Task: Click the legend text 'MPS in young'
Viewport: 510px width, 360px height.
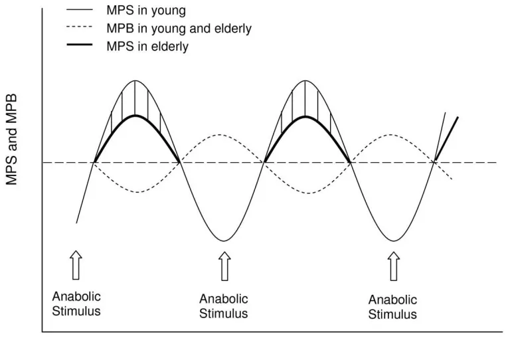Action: pos(146,11)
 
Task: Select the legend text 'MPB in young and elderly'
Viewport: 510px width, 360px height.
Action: pos(179,29)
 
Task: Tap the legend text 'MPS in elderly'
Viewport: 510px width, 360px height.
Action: pos(147,46)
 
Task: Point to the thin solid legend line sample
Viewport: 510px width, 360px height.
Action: pos(80,10)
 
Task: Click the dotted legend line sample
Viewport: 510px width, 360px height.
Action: pos(80,27)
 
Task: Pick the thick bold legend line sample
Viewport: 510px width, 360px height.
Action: pos(80,45)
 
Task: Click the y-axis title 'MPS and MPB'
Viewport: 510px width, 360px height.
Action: pos(12,140)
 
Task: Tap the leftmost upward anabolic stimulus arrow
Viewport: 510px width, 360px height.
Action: pos(76,265)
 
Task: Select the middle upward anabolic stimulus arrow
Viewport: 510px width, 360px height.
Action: pos(224,266)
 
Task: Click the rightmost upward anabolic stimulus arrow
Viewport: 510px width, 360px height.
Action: pos(394,266)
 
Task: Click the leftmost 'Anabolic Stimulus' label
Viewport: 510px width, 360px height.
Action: pos(76,304)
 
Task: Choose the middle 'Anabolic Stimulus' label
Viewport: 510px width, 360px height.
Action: pos(223,306)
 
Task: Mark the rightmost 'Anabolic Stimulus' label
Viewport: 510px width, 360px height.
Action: pos(392,307)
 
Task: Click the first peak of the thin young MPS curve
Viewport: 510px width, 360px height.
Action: pos(135,80)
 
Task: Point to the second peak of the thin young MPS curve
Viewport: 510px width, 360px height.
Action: pos(305,80)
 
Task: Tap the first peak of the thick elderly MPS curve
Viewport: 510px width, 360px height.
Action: pos(135,116)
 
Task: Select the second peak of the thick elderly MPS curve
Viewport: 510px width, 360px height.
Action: pos(305,116)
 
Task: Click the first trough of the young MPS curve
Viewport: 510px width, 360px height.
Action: pos(224,241)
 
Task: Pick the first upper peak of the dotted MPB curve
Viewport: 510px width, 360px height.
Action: pos(220,134)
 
